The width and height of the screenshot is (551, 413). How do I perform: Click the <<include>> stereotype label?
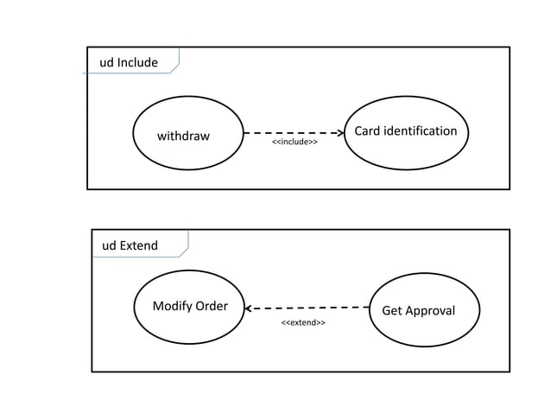point(294,142)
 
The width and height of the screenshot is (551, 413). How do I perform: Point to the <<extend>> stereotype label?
point(303,322)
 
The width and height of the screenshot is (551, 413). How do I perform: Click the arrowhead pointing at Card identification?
point(339,134)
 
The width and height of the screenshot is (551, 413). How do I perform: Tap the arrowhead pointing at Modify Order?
point(248,308)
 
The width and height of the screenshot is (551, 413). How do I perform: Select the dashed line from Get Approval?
point(311,307)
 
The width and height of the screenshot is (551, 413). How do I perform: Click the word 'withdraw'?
point(183,136)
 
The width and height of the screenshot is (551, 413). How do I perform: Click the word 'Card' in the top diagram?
point(368,130)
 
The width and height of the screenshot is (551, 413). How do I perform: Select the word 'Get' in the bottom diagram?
point(392,311)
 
